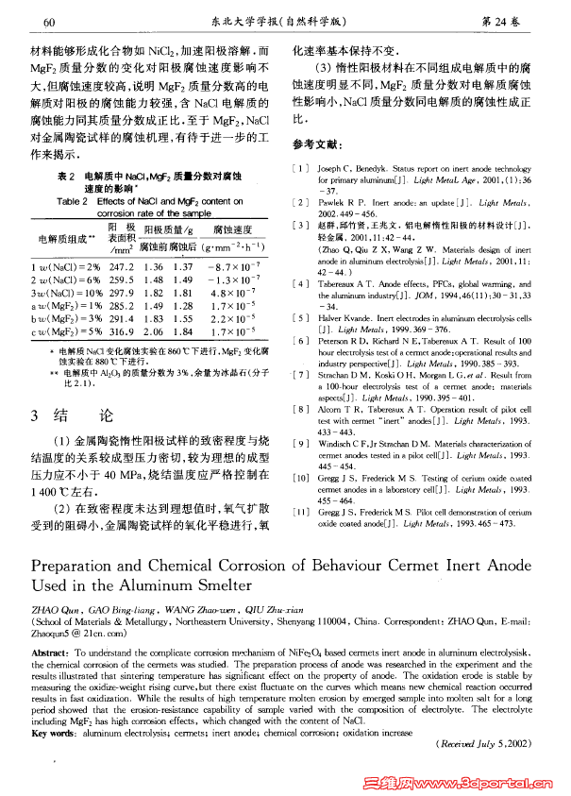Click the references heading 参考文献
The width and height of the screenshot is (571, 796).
coord(313,145)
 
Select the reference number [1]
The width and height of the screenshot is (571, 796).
coord(300,167)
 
